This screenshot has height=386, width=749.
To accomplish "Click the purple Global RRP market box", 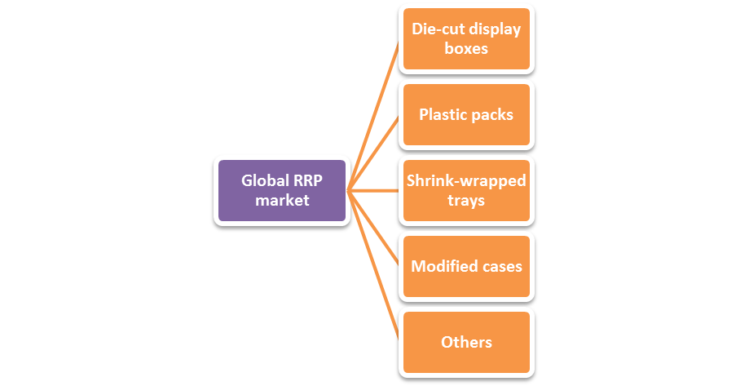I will pos(282,190).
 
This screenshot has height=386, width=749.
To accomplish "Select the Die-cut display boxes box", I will pos(466,38).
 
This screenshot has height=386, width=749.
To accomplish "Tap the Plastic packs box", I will pos(466,114).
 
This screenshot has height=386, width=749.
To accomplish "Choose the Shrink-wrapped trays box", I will pos(466,190).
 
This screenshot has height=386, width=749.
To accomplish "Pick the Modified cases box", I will pos(466,266).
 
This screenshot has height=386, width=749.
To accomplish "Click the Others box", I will pos(466,342).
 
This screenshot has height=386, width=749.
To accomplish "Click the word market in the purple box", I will pos(282,200).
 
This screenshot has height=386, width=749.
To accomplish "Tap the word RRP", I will pos(307,180).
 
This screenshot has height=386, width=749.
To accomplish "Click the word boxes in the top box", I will pos(466,48).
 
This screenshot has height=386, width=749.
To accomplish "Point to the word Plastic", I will pos(443,114).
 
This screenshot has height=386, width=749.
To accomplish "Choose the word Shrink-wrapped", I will pos(466,180).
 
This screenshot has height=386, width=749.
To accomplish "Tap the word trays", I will pos(466,200).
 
